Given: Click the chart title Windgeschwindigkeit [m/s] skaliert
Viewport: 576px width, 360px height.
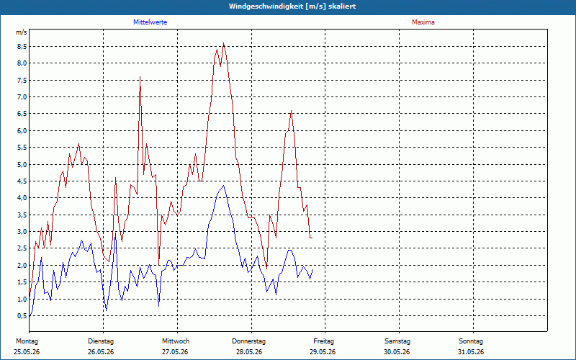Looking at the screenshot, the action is click(x=292, y=6).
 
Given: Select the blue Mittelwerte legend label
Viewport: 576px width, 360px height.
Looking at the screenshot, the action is click(x=150, y=22).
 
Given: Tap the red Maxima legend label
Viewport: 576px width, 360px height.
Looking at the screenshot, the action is click(x=423, y=22).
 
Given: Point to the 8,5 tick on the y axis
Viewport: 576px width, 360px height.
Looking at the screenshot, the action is click(x=21, y=47).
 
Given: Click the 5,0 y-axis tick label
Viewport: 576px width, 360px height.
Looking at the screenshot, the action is click(x=21, y=164).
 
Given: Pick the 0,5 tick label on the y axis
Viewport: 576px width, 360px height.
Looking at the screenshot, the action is click(x=21, y=315).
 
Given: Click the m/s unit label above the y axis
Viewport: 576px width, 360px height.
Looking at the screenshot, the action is click(x=22, y=32).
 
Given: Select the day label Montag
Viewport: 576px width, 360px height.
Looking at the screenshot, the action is click(x=27, y=341).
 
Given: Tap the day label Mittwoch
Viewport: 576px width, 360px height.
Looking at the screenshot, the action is click(x=176, y=341).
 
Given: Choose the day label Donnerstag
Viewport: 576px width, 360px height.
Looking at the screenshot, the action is click(x=248, y=341).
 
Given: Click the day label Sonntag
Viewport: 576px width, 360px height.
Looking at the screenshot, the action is click(x=471, y=341).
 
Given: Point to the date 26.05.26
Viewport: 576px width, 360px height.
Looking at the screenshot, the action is click(x=101, y=352).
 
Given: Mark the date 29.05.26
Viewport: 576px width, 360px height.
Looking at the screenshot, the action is click(x=322, y=352).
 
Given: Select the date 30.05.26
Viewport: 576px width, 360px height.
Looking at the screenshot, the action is click(x=397, y=352).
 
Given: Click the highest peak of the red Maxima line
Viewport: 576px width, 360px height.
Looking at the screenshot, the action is click(x=223, y=43).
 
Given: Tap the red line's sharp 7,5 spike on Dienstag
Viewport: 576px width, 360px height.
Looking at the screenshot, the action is click(x=140, y=77).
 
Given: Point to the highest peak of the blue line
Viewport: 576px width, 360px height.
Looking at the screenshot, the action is click(x=223, y=186).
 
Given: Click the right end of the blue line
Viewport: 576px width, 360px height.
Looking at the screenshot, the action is click(x=312, y=269).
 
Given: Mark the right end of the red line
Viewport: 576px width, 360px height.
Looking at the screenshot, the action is click(x=312, y=238).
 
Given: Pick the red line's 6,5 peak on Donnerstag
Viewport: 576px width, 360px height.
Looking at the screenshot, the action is click(x=291, y=111).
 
